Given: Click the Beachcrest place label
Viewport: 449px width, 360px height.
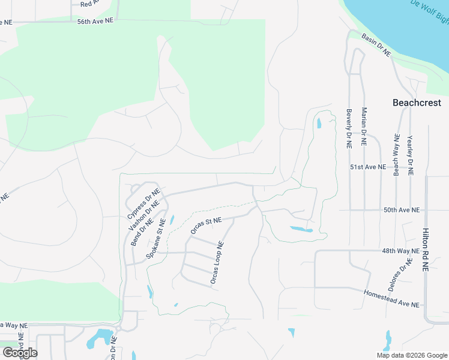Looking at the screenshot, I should point(417,103).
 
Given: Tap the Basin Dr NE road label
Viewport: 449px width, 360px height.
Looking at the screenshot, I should point(376,45).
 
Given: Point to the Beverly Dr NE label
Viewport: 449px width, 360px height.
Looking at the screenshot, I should point(349,128).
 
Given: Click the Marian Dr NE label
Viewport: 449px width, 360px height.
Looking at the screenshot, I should point(364,127).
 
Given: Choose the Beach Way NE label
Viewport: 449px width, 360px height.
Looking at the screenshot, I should point(396,154).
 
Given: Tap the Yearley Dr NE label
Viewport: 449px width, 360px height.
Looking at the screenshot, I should point(411,154).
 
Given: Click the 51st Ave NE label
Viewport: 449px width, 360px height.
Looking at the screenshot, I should point(368,167).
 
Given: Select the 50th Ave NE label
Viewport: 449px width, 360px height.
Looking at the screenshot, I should point(402,210).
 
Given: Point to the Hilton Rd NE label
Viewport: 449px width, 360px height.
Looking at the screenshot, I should point(426,250).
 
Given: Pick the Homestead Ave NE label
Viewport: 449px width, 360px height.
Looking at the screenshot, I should point(391,298).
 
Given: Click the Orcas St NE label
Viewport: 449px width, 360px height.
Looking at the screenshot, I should point(206,226).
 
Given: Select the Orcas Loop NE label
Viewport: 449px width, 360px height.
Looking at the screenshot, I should point(217,263).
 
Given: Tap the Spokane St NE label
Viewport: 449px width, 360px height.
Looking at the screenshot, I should point(155,239).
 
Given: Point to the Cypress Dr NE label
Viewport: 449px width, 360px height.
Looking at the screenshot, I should point(143,204).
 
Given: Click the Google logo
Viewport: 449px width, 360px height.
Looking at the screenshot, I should point(20,353).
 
